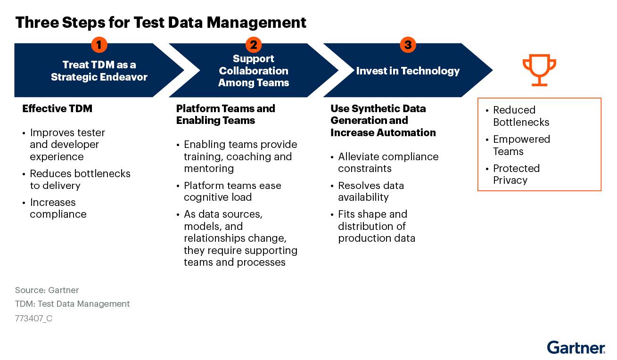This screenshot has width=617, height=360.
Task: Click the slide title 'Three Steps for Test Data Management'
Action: pyautogui.click(x=161, y=22)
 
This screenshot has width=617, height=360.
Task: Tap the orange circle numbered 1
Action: pyautogui.click(x=99, y=45)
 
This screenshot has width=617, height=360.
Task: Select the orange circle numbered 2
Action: pyautogui.click(x=254, y=45)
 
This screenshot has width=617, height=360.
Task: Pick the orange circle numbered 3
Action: pyautogui.click(x=408, y=45)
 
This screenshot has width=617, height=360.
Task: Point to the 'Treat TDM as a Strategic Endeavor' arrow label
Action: pyautogui.click(x=99, y=71)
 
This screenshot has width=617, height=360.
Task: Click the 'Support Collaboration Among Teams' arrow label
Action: pyautogui.click(x=254, y=71)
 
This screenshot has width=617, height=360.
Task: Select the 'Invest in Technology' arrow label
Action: pyautogui.click(x=408, y=71)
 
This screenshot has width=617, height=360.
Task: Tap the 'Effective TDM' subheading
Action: pyautogui.click(x=57, y=109)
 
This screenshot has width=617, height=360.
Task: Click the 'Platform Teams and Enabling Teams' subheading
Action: pyautogui.click(x=225, y=115)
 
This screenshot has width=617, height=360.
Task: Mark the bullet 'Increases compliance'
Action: pyautogui.click(x=58, y=208)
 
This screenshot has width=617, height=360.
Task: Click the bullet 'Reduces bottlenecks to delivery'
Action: pyautogui.click(x=80, y=180)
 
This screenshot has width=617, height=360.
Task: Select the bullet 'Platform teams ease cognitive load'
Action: pyautogui.click(x=232, y=191)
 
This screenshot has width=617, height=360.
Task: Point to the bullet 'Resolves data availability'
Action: pyautogui.click(x=370, y=191)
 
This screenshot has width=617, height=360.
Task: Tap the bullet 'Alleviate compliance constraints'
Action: pyautogui.click(x=388, y=163)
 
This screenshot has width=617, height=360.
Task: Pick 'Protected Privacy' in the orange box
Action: pyautogui.click(x=516, y=174)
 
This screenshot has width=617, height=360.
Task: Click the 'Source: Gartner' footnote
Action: pyautogui.click(x=47, y=290)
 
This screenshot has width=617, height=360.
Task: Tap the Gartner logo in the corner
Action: pyautogui.click(x=576, y=347)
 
